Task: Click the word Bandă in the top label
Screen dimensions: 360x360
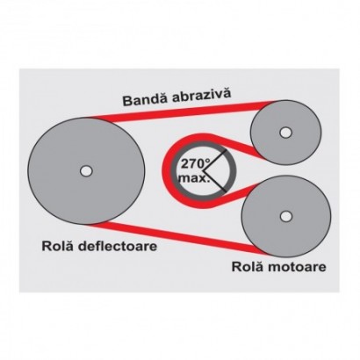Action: [145, 99]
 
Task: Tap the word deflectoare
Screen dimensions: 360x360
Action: [119, 246]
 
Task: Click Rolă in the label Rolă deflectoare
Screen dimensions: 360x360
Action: [59, 246]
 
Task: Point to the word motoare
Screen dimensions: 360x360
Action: [298, 267]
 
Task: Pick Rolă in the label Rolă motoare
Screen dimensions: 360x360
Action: [248, 267]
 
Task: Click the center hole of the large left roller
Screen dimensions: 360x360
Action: [86, 171]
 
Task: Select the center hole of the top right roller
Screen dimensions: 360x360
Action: [286, 133]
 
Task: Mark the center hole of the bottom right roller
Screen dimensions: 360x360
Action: [286, 217]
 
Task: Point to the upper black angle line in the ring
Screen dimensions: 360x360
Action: [214, 161]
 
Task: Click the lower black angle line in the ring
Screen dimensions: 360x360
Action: [214, 181]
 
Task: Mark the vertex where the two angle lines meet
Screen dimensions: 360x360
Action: [203, 170]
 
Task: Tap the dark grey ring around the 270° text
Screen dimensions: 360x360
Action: [175, 170]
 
